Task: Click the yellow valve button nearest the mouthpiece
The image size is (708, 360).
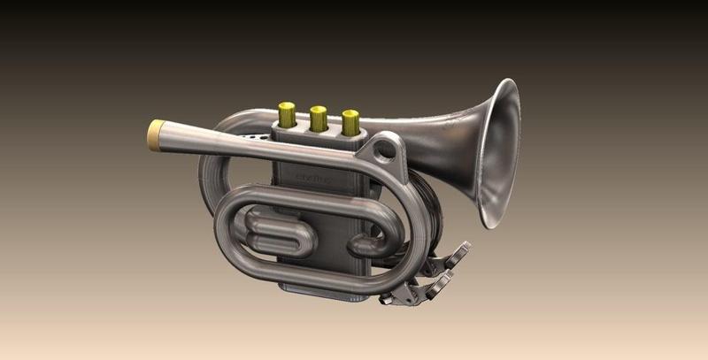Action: tap(287, 112)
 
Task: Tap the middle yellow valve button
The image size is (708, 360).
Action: tap(319, 117)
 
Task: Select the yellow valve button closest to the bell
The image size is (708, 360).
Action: tap(350, 121)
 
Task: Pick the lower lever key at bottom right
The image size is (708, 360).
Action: tap(438, 285)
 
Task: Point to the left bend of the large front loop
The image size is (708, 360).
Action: tap(221, 230)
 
